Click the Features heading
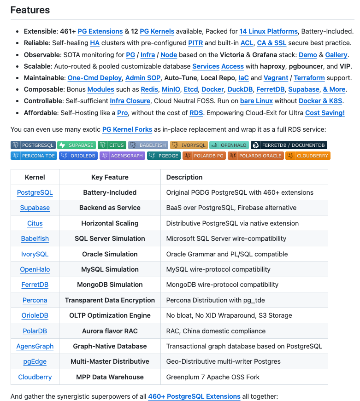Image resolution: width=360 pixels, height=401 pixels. click(x=30, y=10)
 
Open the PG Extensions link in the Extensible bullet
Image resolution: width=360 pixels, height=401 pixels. click(x=100, y=31)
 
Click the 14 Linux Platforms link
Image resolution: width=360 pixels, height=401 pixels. click(x=268, y=31)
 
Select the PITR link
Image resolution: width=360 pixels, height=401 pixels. click(x=195, y=43)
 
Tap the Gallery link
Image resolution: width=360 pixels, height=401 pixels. click(x=336, y=55)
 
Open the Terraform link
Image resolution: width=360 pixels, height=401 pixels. click(x=309, y=78)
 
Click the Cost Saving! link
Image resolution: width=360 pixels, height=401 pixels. click(x=325, y=112)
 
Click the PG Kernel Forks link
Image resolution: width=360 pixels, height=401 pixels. click(x=127, y=130)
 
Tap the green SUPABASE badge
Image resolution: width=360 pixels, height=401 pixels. click(x=77, y=145)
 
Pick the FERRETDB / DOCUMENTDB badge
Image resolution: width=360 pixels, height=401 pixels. click(x=289, y=145)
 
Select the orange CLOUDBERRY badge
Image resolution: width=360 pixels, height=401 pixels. click(x=308, y=156)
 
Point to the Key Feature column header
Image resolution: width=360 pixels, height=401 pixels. click(x=110, y=177)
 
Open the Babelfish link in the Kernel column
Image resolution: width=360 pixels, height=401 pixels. click(x=35, y=238)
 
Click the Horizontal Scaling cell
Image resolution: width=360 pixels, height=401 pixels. click(x=110, y=223)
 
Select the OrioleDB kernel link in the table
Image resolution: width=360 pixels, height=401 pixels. click(x=35, y=315)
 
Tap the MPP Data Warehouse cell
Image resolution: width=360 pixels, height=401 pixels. click(x=110, y=377)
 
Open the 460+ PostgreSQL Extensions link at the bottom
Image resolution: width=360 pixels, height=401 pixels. click(x=194, y=396)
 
